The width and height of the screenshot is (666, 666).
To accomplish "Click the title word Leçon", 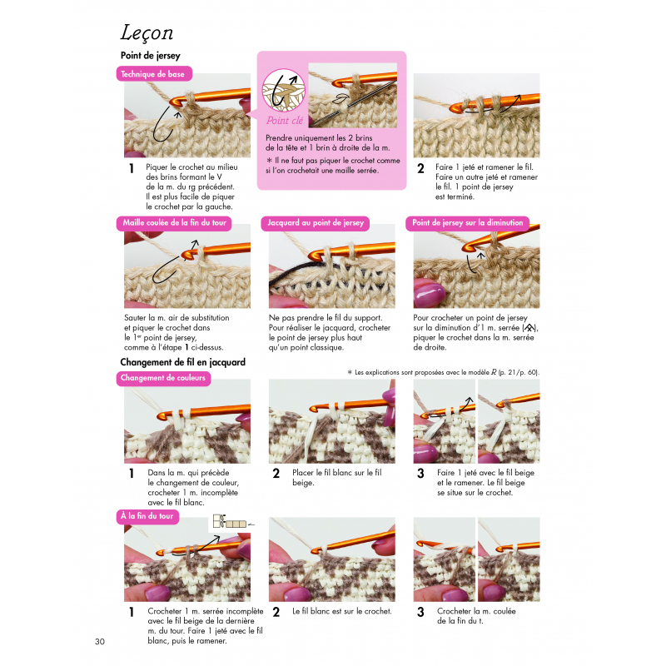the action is pyautogui.click(x=147, y=33).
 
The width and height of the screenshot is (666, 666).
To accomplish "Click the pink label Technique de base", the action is pyautogui.click(x=154, y=74).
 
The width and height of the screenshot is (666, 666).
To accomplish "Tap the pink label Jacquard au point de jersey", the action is pyautogui.click(x=316, y=223).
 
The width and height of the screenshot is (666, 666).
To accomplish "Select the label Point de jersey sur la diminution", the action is pyautogui.click(x=467, y=223).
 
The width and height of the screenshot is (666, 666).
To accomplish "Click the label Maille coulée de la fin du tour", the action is pyautogui.click(x=174, y=223).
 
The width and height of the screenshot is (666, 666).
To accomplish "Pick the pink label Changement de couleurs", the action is pyautogui.click(x=163, y=378).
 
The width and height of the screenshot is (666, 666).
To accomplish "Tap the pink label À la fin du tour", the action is pyautogui.click(x=147, y=516).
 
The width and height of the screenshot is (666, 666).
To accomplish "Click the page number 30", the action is pyautogui.click(x=100, y=641).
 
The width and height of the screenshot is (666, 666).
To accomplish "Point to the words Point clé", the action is pyautogui.click(x=285, y=121).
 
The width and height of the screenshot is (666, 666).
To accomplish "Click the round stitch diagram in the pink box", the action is pyautogui.click(x=284, y=91).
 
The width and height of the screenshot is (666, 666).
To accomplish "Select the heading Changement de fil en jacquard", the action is pyautogui.click(x=182, y=362).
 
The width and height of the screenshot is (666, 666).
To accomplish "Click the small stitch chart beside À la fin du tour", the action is pyautogui.click(x=230, y=521).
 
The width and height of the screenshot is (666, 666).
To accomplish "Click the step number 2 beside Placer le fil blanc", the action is pyautogui.click(x=276, y=474).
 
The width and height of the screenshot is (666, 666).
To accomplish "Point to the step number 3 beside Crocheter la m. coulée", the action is pyautogui.click(x=420, y=612).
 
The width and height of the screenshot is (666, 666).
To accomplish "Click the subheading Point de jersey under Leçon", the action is pyautogui.click(x=151, y=56).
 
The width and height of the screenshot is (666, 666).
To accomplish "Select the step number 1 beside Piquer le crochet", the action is pyautogui.click(x=132, y=169).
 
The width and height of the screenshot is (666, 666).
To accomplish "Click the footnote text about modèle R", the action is pyautogui.click(x=444, y=372).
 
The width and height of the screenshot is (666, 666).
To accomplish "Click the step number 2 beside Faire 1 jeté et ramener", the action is pyautogui.click(x=420, y=169).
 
